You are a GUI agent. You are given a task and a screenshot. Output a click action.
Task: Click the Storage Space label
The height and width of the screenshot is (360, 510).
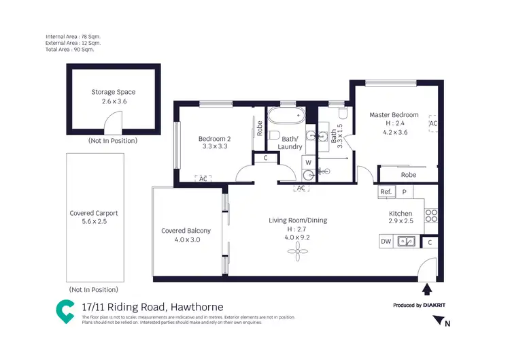click(113, 92)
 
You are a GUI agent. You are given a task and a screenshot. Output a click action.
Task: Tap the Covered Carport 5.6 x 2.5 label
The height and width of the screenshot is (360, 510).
click(95, 217)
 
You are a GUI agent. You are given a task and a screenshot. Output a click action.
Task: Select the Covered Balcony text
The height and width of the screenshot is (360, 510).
click(186, 231)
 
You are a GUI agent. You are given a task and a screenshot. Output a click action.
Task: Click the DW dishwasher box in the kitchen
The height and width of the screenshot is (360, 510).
click(386, 241)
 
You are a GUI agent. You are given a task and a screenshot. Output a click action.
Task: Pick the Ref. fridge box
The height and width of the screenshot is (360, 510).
click(386, 193)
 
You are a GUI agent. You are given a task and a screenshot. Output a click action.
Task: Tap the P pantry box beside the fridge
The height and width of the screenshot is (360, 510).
click(404, 193)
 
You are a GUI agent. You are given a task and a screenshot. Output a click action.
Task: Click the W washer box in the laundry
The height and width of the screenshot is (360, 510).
click(308, 163)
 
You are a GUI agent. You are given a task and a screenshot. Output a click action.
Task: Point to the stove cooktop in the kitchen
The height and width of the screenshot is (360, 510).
click(430, 216)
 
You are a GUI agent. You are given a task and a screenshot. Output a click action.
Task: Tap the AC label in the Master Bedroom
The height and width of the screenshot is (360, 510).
click(432, 124)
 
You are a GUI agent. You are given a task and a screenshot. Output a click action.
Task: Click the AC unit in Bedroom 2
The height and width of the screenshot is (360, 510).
click(203, 178)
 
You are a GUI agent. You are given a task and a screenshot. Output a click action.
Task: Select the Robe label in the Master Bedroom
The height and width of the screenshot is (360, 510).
click(408, 174)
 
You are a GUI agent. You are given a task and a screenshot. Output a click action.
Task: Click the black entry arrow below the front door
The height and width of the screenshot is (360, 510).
click(426, 289)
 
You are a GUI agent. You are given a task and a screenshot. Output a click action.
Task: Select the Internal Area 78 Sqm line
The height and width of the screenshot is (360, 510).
click(73, 36)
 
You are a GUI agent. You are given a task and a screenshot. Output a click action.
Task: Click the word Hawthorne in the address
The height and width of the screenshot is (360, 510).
click(197, 307)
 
